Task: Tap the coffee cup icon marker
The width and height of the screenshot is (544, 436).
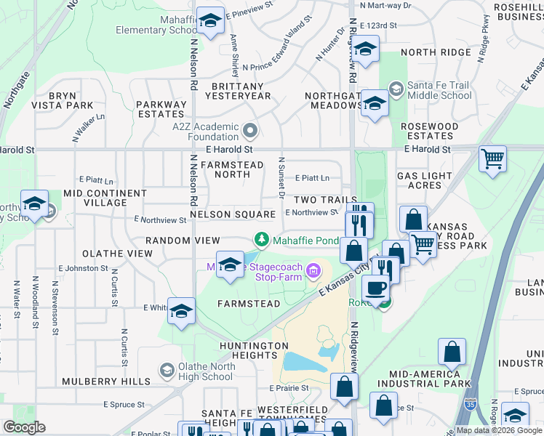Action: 376,288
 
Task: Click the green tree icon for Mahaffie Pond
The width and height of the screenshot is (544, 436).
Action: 261,239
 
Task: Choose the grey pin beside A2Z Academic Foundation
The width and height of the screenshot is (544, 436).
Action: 251,131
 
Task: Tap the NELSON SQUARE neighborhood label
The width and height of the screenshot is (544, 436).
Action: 233,214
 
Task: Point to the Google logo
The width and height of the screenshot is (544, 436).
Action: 25,427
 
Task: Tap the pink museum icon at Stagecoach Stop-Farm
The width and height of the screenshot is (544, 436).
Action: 313,272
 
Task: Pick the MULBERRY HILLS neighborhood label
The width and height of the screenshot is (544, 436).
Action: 106,381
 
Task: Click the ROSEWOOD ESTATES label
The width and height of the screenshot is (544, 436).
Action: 430,131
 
